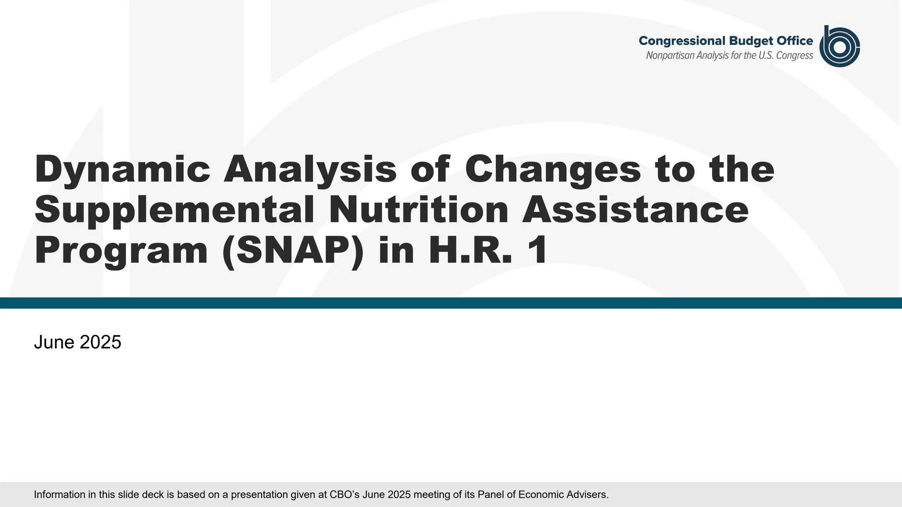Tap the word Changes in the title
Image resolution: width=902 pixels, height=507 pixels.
point(553,169)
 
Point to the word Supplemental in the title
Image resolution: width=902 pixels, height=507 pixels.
point(174,210)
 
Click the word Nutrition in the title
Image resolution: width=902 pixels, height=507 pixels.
point(419,210)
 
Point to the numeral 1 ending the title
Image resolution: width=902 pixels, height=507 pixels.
point(538,250)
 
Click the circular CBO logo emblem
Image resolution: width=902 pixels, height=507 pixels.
point(839,46)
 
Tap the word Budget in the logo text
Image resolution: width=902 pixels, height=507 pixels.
point(751,41)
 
